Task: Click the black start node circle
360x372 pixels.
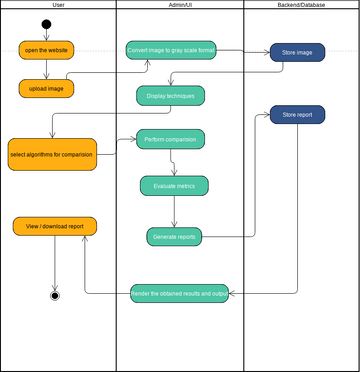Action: (x=46, y=24)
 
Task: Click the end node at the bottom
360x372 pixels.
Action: (x=54, y=295)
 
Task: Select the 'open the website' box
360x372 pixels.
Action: (x=46, y=50)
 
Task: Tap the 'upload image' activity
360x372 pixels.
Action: (x=46, y=88)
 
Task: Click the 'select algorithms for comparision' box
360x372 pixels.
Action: (x=52, y=154)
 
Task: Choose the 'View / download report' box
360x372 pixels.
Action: (x=55, y=226)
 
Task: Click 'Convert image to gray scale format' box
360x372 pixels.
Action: (x=171, y=50)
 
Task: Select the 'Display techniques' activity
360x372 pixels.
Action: (x=171, y=96)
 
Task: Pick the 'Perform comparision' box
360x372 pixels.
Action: (x=171, y=139)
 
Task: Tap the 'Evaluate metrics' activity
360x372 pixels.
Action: (x=174, y=185)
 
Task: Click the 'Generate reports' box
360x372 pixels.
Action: (x=174, y=236)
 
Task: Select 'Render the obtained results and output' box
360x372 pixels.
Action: (x=179, y=293)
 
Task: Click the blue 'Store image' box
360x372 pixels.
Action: (x=297, y=53)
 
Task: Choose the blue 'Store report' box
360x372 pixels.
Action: (x=298, y=114)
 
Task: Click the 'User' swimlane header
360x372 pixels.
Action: (x=58, y=6)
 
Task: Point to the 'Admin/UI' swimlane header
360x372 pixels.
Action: (x=180, y=6)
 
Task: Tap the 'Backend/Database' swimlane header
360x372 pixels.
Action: (x=300, y=6)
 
